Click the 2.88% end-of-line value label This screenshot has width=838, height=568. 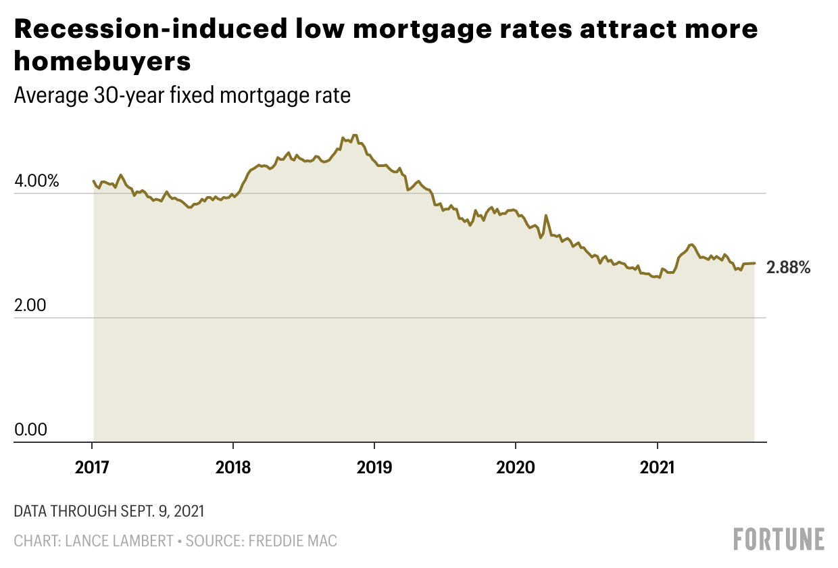pyautogui.click(x=788, y=268)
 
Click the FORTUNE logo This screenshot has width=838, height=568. pyautogui.click(x=779, y=539)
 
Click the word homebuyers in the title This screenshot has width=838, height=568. pyautogui.click(x=103, y=62)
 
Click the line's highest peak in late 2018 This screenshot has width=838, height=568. pyautogui.click(x=355, y=135)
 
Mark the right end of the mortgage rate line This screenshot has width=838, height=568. pyautogui.click(x=754, y=263)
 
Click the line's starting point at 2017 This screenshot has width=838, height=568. pyautogui.click(x=93, y=181)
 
